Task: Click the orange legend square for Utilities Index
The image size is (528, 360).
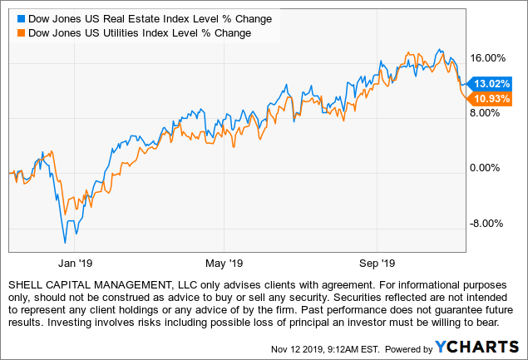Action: (21, 32)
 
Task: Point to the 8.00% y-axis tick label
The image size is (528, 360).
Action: (489, 113)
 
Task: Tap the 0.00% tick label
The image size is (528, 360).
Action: (489, 168)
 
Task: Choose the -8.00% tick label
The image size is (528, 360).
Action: (486, 223)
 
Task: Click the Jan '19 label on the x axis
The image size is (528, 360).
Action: (74, 264)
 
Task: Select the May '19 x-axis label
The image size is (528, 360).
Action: (226, 264)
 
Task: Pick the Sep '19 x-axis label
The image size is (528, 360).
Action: (377, 264)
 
